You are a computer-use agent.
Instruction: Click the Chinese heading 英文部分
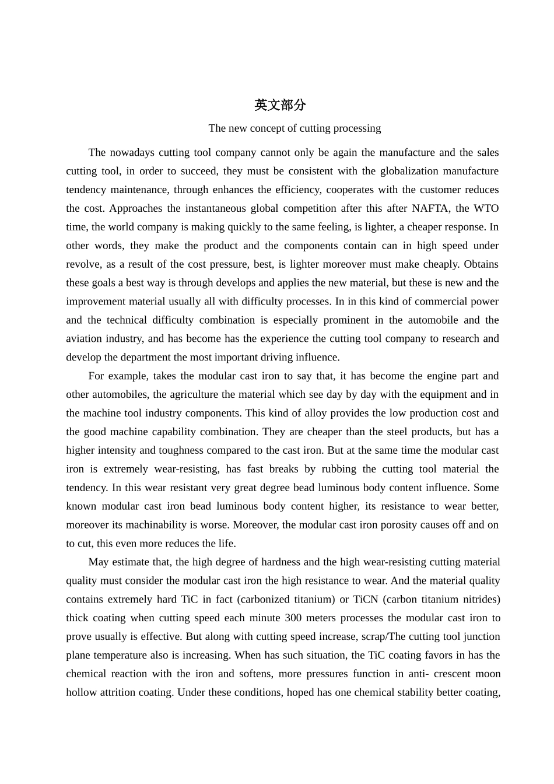(280, 105)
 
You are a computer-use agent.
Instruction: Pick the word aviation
(84, 338)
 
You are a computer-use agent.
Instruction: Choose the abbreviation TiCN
(366, 599)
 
